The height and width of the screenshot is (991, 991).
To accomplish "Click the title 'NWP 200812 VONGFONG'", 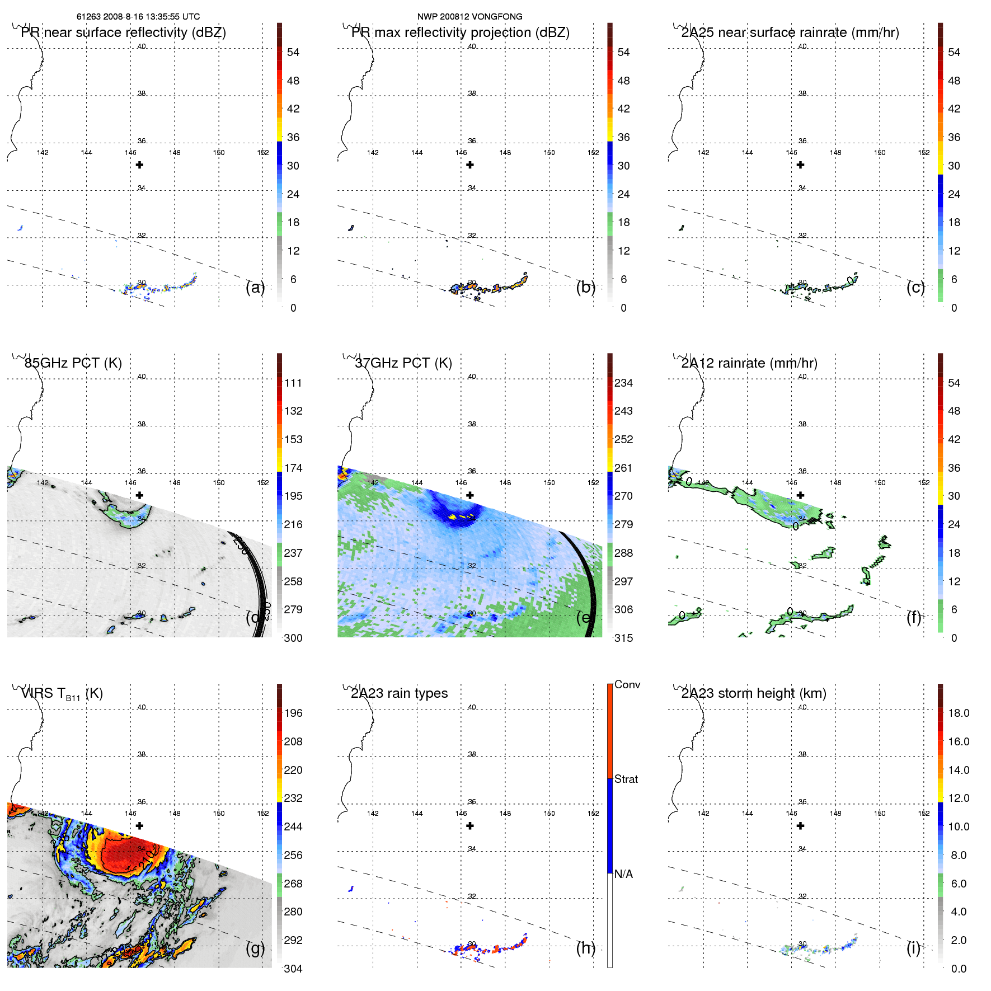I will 469,17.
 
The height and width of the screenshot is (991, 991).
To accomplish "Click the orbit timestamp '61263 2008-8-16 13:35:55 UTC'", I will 138,17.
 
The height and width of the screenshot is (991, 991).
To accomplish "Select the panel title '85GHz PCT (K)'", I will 73,363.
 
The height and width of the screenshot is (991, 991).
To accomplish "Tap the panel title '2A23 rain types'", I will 399,693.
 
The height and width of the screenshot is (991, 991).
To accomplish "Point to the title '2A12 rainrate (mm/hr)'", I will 749,363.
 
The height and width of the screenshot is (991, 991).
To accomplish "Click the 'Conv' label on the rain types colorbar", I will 627,684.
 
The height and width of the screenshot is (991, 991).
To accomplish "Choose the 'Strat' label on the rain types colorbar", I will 626,779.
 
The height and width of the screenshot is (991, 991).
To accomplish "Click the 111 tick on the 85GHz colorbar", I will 293,383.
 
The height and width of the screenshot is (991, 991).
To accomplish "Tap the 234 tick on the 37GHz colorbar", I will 623,383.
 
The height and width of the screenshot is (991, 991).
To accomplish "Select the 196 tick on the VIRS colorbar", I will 293,713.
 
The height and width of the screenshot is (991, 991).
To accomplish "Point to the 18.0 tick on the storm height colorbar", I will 959,713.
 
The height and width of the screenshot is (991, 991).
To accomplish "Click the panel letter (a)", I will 255,288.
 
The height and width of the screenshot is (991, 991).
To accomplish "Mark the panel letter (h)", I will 586,948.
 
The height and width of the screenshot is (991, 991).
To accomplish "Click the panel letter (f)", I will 914,617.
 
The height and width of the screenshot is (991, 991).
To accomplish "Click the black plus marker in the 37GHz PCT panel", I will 470,495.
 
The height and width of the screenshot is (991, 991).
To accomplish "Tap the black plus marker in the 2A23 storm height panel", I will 801,826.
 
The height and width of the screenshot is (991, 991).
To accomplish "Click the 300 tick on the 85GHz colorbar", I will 293,638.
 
